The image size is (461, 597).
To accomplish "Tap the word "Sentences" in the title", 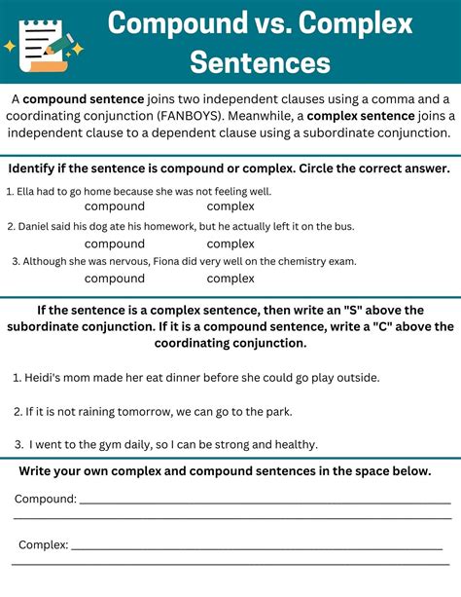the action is pyautogui.click(x=259, y=63).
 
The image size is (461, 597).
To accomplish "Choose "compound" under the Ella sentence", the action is pyautogui.click(x=115, y=206).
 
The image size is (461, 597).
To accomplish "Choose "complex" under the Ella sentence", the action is pyautogui.click(x=230, y=206).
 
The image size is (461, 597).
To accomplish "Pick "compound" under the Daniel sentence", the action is pyautogui.click(x=115, y=243).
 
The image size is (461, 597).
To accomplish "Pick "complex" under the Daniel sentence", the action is pyautogui.click(x=230, y=243).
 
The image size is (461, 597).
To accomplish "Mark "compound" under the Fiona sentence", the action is pyautogui.click(x=115, y=279).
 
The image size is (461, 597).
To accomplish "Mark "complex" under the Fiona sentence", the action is pyautogui.click(x=230, y=279).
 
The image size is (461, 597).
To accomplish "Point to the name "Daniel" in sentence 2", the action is pyautogui.click(x=37, y=226).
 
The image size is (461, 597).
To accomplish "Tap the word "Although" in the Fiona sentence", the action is pyautogui.click(x=45, y=261).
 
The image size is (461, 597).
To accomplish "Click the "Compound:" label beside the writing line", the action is pyautogui.click(x=45, y=499).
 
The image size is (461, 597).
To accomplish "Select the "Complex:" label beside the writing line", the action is pyautogui.click(x=43, y=544).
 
